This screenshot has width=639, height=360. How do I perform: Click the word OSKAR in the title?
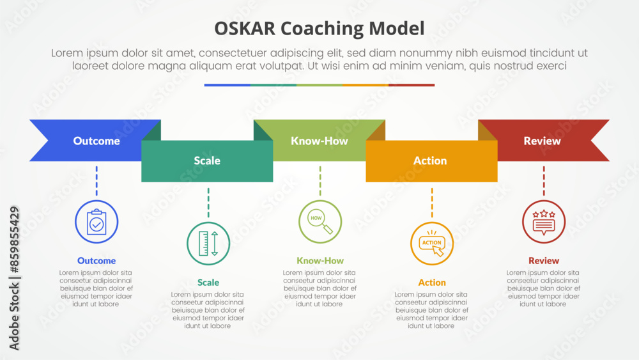click(x=245, y=29)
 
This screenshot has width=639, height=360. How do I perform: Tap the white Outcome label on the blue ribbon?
click(x=96, y=141)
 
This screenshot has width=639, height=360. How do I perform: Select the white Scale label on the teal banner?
click(x=207, y=160)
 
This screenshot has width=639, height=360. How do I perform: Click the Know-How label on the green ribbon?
click(x=319, y=141)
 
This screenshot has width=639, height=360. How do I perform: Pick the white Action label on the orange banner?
click(x=430, y=160)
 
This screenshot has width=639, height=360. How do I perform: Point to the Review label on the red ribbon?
click(x=542, y=141)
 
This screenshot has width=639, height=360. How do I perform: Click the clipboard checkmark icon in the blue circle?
click(x=96, y=222)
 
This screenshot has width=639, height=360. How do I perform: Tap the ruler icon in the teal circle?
click(x=208, y=244)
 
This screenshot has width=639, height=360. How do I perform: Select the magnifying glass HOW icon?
click(x=320, y=222)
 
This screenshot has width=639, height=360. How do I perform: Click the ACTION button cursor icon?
click(x=432, y=244)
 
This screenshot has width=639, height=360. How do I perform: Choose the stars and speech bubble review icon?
click(x=544, y=223)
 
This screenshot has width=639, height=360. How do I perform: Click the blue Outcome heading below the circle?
click(x=96, y=260)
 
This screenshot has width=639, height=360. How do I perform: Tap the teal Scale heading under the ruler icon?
click(x=208, y=282)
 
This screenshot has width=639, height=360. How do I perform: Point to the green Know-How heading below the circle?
click(x=320, y=260)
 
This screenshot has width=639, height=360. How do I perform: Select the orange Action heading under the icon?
click(x=432, y=282)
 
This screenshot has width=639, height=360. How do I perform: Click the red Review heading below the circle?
click(x=544, y=260)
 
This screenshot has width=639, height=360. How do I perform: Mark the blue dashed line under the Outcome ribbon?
click(x=96, y=180)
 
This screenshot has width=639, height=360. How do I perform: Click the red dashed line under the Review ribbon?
click(x=544, y=180)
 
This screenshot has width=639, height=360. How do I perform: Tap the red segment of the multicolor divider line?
click(x=412, y=85)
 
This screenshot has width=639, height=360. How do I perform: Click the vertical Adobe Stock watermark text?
click(x=14, y=278)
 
